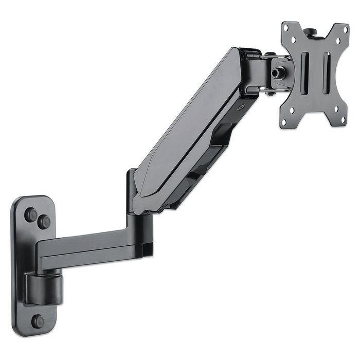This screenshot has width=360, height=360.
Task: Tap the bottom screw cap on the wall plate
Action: point(38,321)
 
